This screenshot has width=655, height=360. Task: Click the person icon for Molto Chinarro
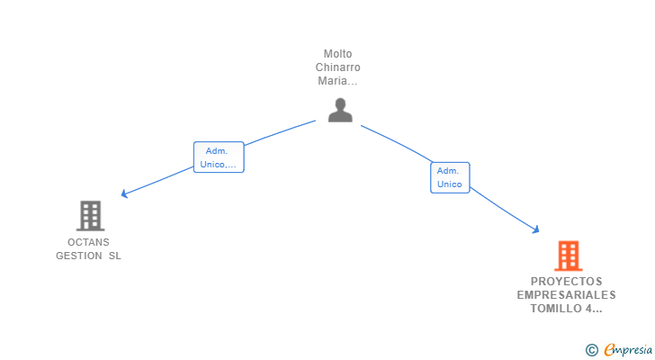pyautogui.click(x=340, y=110)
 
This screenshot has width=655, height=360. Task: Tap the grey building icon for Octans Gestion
pyautogui.click(x=90, y=216)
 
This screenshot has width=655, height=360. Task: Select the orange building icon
pyautogui.click(x=569, y=256)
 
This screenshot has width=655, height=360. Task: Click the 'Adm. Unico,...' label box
pyautogui.click(x=219, y=157)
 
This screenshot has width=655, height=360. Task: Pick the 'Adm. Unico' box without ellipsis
pyautogui.click(x=450, y=177)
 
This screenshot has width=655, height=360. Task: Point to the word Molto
pyautogui.click(x=337, y=54)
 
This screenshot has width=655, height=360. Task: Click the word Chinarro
pyautogui.click(x=337, y=67)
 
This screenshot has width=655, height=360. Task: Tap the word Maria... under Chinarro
pyautogui.click(x=337, y=81)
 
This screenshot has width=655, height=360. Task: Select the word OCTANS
pyautogui.click(x=88, y=242)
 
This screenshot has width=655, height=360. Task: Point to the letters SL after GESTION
pyautogui.click(x=115, y=256)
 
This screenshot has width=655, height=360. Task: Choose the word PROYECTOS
pyautogui.click(x=567, y=282)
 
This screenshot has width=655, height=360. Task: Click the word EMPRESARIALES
pyautogui.click(x=567, y=295)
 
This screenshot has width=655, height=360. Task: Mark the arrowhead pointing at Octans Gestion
pyautogui.click(x=124, y=193)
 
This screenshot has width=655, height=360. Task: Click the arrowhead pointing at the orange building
pyautogui.click(x=535, y=229)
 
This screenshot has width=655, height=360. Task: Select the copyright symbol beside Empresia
pyautogui.click(x=591, y=350)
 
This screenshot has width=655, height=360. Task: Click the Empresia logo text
pyautogui.click(x=628, y=350)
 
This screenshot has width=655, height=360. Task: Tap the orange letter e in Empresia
pyautogui.click(x=610, y=349)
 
